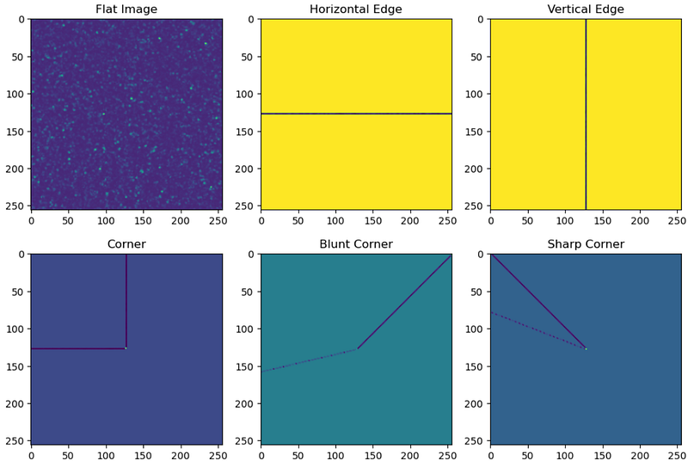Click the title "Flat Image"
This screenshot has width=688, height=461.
[126, 9]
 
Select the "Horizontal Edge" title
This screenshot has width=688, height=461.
[356, 9]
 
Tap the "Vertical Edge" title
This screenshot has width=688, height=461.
[586, 9]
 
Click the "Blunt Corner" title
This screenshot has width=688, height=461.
[356, 244]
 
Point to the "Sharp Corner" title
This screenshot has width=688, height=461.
[586, 244]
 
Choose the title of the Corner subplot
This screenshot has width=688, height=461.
[126, 244]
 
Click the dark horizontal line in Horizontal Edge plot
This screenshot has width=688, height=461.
[356, 114]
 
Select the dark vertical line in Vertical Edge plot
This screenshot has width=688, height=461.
[586, 114]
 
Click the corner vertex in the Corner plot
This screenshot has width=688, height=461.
[126, 348]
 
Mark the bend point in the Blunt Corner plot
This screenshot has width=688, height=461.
[357, 348]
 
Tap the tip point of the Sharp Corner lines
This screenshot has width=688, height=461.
[586, 348]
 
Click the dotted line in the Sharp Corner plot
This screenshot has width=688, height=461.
[538, 330]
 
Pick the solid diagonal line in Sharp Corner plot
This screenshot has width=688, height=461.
[538, 301]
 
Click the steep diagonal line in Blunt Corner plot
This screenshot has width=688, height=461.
[404, 302]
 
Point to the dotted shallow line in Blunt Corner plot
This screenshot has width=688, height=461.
[309, 360]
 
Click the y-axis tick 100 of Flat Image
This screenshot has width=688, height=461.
[15, 95]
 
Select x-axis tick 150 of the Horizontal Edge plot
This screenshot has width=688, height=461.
[373, 221]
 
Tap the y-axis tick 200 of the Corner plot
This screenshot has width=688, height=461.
[15, 403]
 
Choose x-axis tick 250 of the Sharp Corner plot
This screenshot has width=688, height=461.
[677, 456]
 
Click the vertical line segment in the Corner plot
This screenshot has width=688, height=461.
[126, 301]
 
